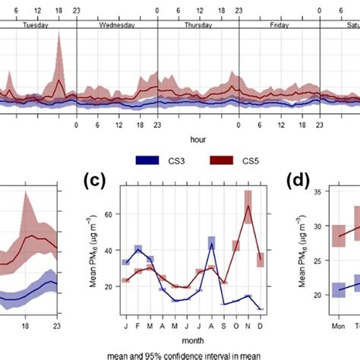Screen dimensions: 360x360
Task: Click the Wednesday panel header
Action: pos(117,24)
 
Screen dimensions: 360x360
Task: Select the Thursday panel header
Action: pos(198,24)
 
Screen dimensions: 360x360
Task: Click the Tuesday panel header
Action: pos(36,24)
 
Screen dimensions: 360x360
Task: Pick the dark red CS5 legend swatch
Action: pos(220,160)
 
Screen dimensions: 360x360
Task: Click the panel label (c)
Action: pos(93,182)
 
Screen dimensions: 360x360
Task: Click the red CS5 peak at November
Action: pos(248,207)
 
